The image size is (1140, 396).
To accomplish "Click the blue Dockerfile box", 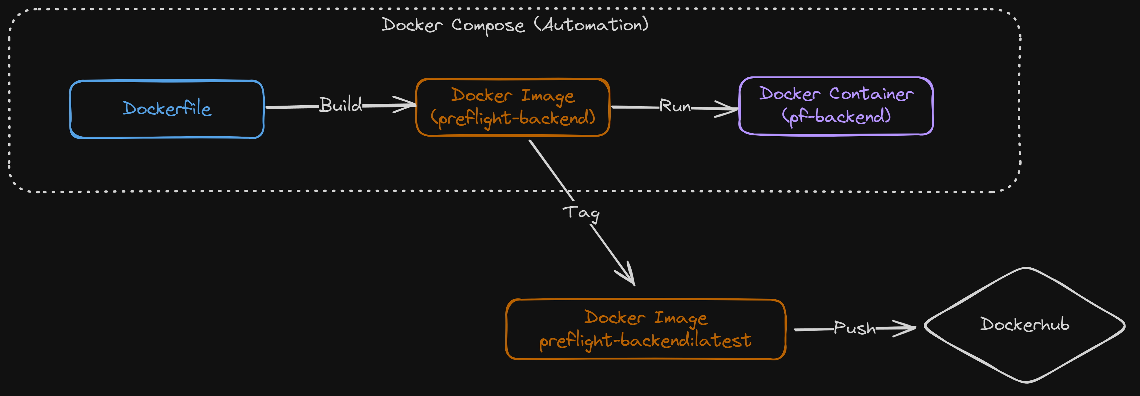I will tap(166, 109).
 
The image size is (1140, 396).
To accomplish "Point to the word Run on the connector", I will tap(674, 106).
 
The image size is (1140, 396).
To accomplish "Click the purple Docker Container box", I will tap(836, 106).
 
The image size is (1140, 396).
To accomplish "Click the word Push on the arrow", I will tap(854, 328).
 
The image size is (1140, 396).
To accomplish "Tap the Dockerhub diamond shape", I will tap(1024, 325).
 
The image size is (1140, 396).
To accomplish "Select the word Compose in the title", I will tap(488, 26).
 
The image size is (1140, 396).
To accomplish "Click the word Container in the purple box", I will tap(871, 94).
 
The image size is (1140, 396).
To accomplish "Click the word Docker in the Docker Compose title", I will tap(412, 25).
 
